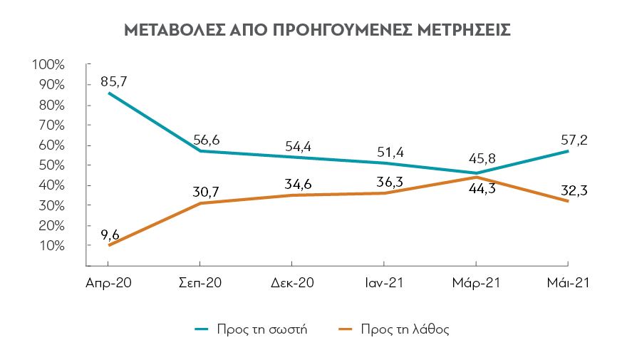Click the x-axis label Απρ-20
[x=108, y=283]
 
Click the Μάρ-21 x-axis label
[x=476, y=283]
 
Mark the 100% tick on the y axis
[x=49, y=65]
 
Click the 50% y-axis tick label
[x=51, y=165]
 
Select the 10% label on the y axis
[x=51, y=245]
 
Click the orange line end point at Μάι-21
[x=568, y=201]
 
